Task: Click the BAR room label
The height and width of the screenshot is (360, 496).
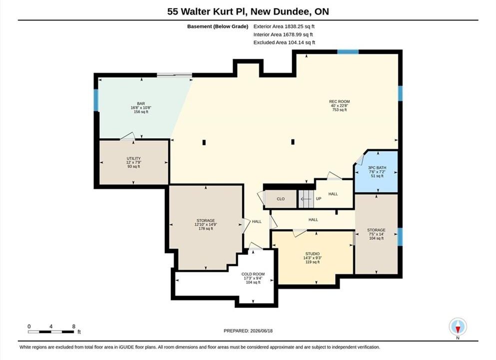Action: pyautogui.click(x=141, y=103)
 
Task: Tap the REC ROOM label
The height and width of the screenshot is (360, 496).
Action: pyautogui.click(x=339, y=101)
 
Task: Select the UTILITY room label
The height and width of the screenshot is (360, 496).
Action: pyautogui.click(x=133, y=158)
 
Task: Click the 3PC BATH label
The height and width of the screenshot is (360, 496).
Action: pyautogui.click(x=377, y=168)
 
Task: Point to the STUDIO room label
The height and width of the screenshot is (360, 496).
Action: pyautogui.click(x=312, y=253)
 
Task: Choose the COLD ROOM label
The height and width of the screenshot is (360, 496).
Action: pyautogui.click(x=253, y=274)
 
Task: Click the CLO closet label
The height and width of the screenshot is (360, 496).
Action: pyautogui.click(x=281, y=199)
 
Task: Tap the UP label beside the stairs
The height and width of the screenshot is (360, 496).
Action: pyautogui.click(x=319, y=199)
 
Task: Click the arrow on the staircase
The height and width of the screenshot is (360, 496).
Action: pyautogui.click(x=306, y=199)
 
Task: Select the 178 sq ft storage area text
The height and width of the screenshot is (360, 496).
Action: pyautogui.click(x=206, y=228)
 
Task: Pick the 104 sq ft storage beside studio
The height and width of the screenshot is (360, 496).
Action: pyautogui.click(x=376, y=238)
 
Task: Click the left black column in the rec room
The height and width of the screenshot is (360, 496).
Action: pyautogui.click(x=204, y=142)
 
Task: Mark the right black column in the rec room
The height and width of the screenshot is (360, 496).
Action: pyautogui.click(x=293, y=142)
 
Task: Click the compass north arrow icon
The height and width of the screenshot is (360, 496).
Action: pyautogui.click(x=458, y=327)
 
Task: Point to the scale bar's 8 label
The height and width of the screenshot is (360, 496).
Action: pyautogui.click(x=74, y=326)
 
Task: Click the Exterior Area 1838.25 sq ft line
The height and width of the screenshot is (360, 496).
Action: pyautogui.click(x=284, y=26)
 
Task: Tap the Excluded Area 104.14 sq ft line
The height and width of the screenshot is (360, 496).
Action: pyautogui.click(x=284, y=42)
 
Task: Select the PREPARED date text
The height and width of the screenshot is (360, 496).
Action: pyautogui.click(x=248, y=331)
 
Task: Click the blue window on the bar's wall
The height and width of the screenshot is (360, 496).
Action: pyautogui.click(x=96, y=100)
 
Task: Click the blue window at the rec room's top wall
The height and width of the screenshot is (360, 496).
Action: pyautogui.click(x=348, y=52)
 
